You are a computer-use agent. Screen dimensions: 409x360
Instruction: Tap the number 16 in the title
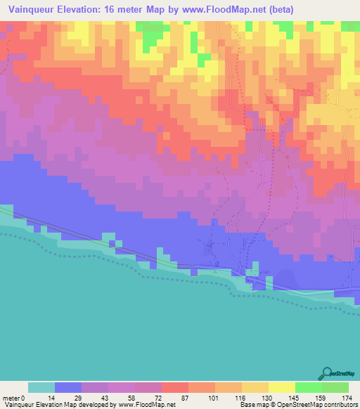pos(115,9)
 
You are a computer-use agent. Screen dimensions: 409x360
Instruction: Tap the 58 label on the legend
pos(121,398)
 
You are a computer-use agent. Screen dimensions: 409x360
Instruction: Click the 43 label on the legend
pos(94,398)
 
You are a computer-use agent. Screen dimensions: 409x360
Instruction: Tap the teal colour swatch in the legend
pos(41,387)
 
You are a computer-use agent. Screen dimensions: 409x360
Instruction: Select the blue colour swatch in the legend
pos(68,387)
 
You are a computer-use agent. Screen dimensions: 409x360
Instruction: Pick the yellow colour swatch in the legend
pos(282,387)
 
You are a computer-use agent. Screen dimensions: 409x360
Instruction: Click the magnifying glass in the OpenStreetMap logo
pos(327,372)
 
